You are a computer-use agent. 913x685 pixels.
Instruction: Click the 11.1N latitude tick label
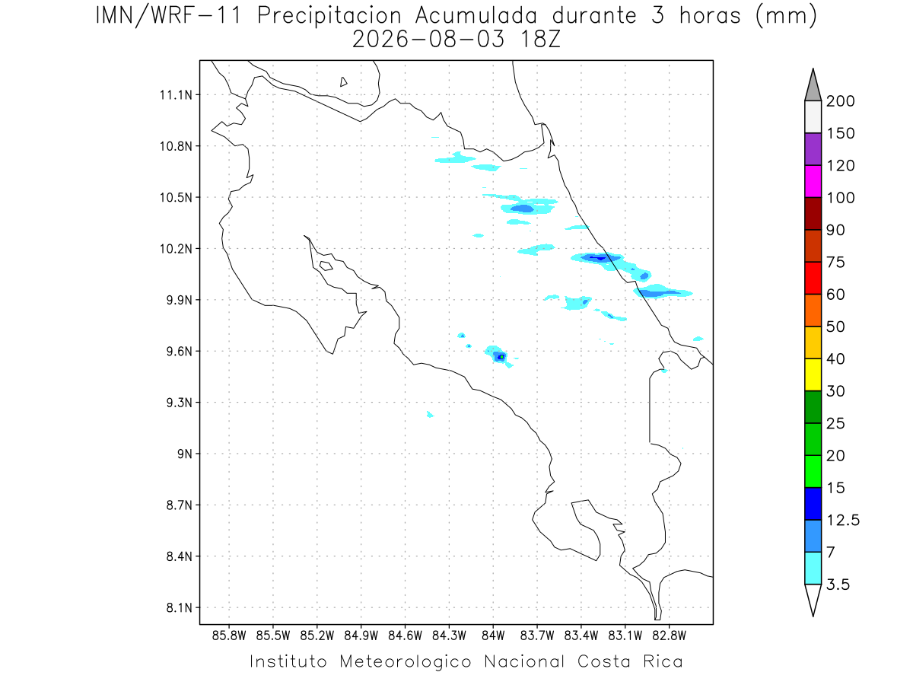coord(176,95)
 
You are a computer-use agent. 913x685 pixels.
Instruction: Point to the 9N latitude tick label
coord(185,454)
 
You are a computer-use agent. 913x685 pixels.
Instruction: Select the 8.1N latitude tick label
coord(180,607)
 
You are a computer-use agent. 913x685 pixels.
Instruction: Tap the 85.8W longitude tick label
coord(229,636)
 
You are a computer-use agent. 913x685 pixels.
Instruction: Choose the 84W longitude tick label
coord(493,636)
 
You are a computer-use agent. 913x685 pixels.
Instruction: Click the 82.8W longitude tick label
coord(669,636)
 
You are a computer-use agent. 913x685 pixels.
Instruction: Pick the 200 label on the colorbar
coord(840,101)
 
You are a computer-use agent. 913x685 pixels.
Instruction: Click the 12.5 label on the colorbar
coord(843,521)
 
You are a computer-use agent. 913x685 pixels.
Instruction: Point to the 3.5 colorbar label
coord(838,585)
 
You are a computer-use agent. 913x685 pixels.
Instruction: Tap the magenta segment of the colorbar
coord(813,181)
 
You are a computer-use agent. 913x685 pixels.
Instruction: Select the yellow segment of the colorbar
coord(813,374)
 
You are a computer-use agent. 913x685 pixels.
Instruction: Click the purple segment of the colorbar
coord(813,149)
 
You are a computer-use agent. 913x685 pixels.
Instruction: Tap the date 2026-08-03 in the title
coord(428,40)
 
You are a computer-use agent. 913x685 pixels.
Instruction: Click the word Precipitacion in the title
coord(329,16)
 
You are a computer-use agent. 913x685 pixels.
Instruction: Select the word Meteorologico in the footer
coord(405,661)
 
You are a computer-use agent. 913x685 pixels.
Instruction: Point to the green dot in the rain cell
coord(501,357)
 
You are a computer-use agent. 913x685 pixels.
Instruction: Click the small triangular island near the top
coord(343,82)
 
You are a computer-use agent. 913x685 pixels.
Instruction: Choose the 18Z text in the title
coord(540,40)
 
